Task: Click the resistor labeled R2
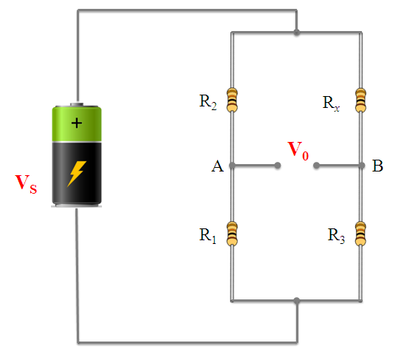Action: (233, 100)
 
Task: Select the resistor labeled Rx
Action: (360, 99)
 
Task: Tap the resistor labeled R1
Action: (233, 234)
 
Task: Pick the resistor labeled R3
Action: (360, 234)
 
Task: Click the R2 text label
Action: (208, 103)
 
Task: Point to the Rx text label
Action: (332, 102)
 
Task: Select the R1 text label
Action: (208, 236)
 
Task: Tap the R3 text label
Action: (337, 236)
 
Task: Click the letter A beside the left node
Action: (216, 167)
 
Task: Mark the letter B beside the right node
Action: (377, 167)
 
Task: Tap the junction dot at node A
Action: (233, 166)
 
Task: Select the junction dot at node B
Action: (360, 166)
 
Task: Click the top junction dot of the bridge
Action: (297, 33)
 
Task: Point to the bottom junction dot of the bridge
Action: (297, 301)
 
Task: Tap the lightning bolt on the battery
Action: (77, 173)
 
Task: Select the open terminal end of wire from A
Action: (278, 166)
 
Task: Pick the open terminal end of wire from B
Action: (315, 166)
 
